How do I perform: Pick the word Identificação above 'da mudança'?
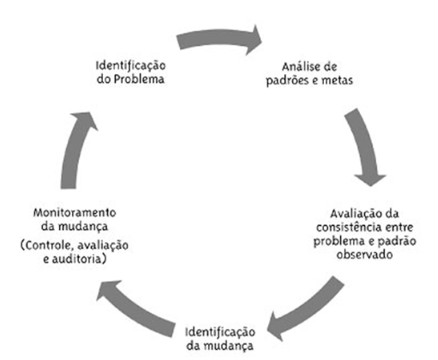click(x=219, y=331)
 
